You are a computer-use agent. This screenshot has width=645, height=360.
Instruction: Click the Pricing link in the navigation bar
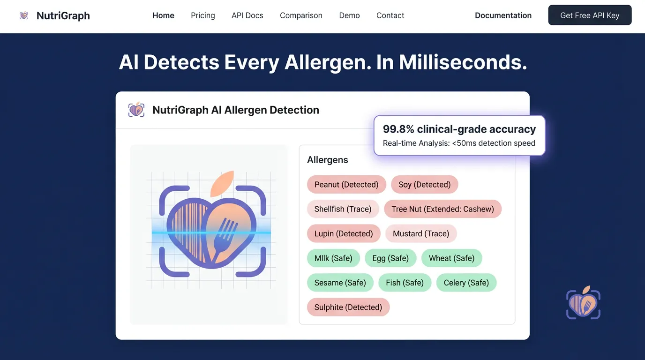coord(202,15)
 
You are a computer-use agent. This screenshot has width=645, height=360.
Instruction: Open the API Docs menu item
coord(247,15)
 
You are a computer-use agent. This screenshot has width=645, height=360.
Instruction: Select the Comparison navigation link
coord(301,15)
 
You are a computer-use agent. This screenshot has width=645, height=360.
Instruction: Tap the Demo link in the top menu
coord(349,15)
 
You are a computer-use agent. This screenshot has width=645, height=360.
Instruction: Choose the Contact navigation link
coord(390,15)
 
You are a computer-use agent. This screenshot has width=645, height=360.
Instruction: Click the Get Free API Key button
coord(590,15)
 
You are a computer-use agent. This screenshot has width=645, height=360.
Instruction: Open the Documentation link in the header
coord(503,15)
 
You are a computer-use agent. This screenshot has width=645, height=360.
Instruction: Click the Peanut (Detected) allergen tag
coord(346,184)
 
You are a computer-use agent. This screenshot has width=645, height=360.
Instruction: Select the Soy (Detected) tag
coord(424,184)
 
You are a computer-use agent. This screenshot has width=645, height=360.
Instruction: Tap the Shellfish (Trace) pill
coord(343,209)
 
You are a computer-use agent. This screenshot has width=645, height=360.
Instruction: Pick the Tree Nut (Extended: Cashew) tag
coord(442,209)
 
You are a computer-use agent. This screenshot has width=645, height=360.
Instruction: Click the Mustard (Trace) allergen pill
coord(421,233)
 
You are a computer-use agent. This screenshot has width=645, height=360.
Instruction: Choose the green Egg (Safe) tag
coord(390,258)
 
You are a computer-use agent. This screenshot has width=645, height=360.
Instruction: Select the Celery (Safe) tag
coord(466,283)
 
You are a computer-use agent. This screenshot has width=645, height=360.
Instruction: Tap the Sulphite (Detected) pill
coord(348,307)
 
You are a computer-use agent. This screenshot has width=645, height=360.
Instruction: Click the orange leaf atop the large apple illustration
coord(222,184)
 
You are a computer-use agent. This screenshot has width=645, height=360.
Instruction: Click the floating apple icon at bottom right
coord(584,303)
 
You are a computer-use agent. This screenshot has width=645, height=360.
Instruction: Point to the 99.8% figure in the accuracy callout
coord(398,129)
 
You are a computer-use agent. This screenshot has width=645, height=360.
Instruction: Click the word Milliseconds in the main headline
coord(463,62)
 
